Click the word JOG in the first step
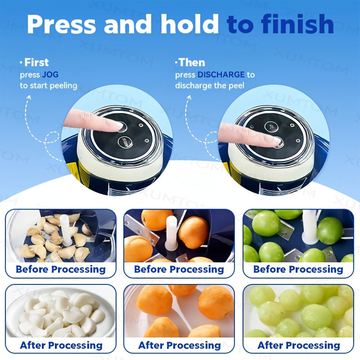tap(50, 75)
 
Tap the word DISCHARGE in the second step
tap(221, 75)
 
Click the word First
tap(36, 63)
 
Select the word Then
tap(192, 63)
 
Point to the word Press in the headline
tap(61, 24)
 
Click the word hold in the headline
tap(190, 24)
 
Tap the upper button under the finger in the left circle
tap(122, 127)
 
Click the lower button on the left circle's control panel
tap(126, 141)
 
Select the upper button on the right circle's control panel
tap(271, 126)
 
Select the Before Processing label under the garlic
tap(61, 269)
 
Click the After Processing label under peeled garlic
tap(61, 345)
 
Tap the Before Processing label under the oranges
tap(179, 269)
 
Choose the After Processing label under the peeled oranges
tap(180, 345)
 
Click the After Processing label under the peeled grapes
tap(299, 345)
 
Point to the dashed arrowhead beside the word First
tap(29, 98)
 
